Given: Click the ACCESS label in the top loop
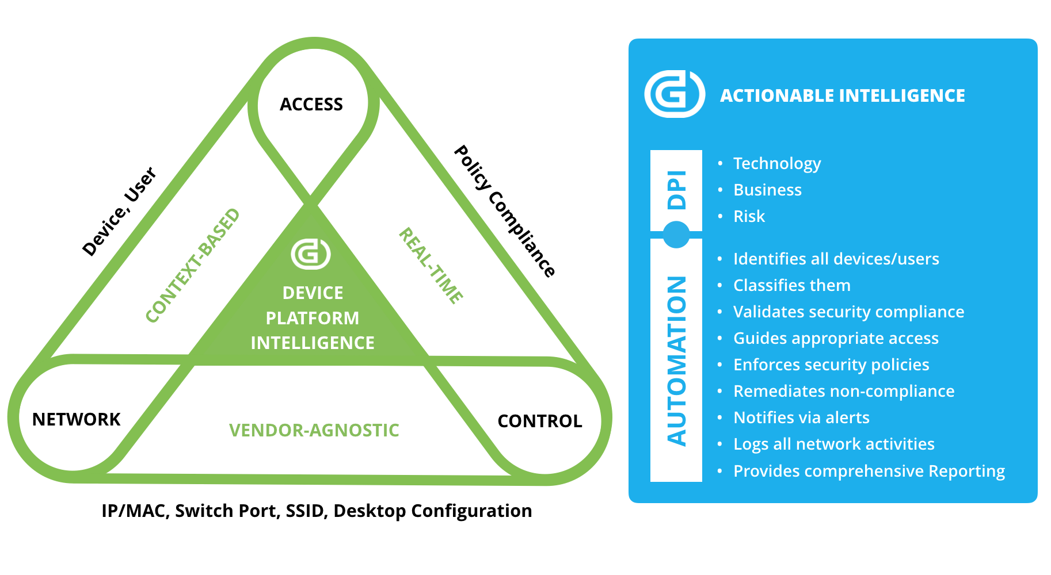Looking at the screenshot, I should tap(311, 105).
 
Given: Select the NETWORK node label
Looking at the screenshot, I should tap(77, 420).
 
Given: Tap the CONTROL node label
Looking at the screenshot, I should tap(539, 421).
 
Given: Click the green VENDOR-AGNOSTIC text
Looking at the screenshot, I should tap(314, 430).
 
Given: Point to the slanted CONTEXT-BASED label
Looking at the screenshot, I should tap(192, 266).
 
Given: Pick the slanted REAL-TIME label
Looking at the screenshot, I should tap(431, 265).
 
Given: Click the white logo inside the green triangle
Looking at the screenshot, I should tap(311, 254).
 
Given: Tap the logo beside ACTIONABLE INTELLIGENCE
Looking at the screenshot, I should tap(675, 94).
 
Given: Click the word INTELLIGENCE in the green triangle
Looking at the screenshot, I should tap(313, 343).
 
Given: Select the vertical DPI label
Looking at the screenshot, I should tap(677, 190).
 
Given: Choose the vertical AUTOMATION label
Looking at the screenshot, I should tap(677, 361).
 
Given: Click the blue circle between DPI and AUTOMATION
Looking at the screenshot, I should tap(676, 235).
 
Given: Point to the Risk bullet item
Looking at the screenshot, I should tap(749, 216).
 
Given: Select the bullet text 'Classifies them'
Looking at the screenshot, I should tap(791, 285).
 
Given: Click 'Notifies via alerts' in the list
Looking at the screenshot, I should tap(801, 417).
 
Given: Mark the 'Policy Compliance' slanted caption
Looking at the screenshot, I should tap(505, 211).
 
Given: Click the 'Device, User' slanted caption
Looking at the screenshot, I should tap(119, 211).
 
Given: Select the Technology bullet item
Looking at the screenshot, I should tap(776, 163).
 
